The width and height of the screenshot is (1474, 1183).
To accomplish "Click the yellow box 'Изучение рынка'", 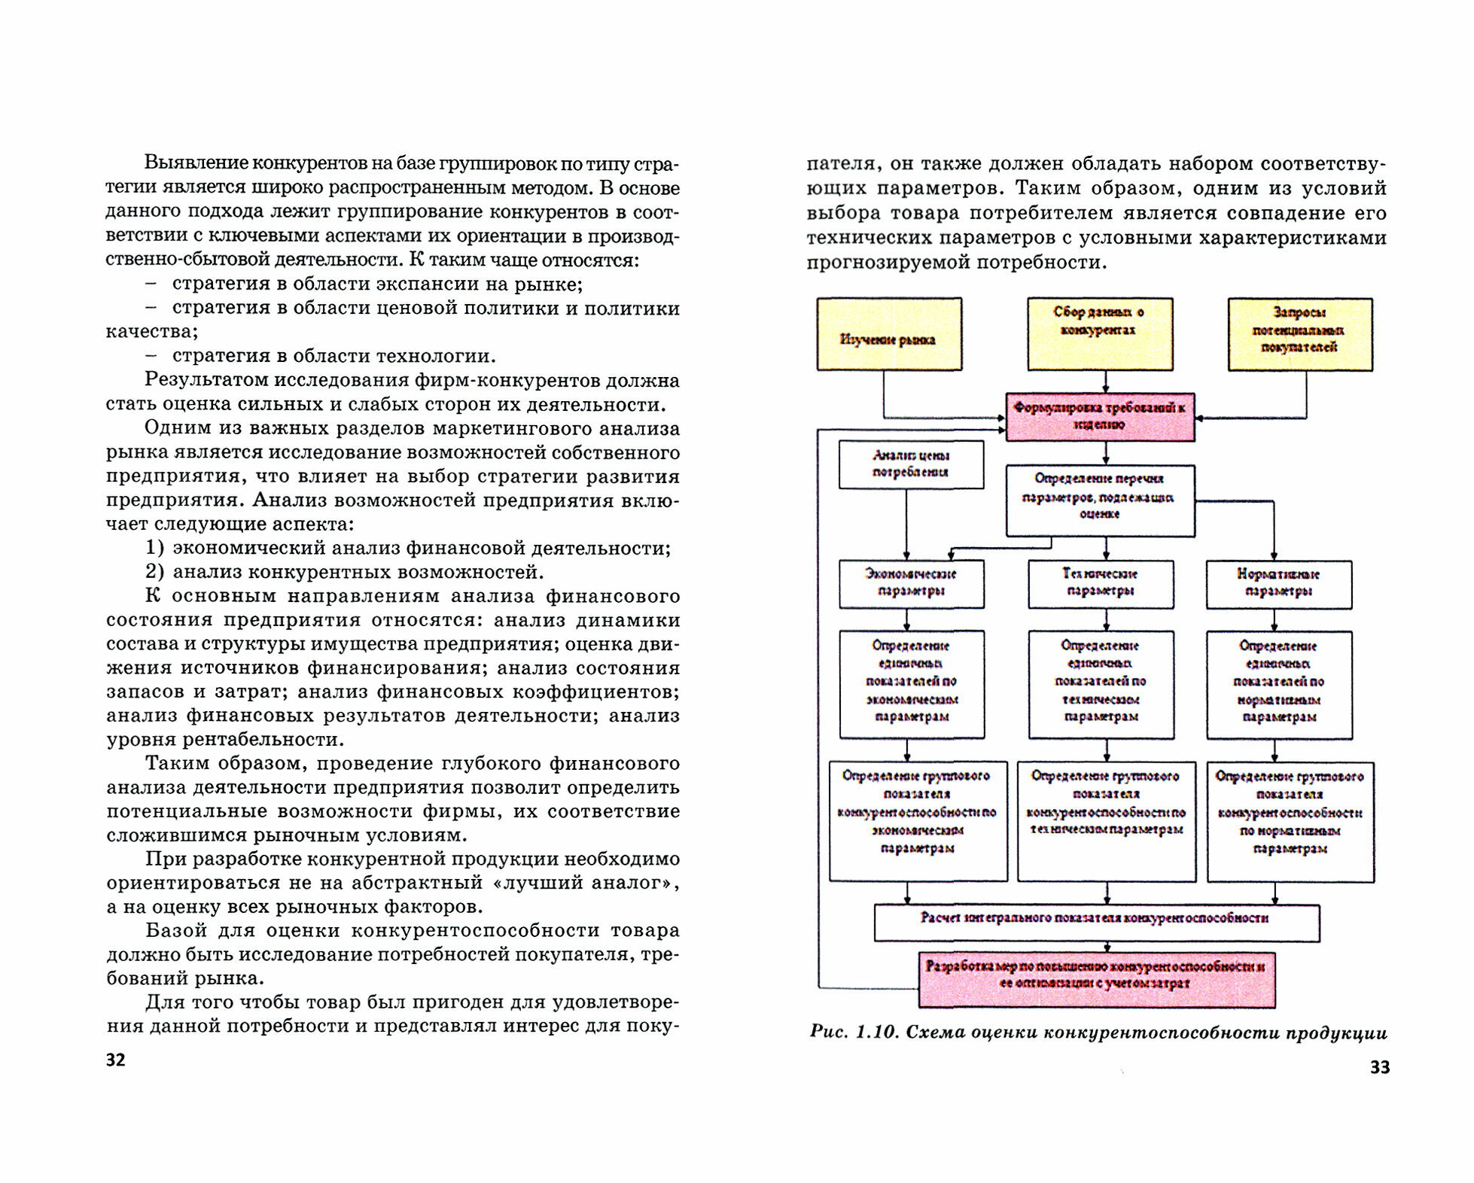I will [x=889, y=334].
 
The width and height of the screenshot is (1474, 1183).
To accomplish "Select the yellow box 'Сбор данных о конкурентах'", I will [x=1100, y=333].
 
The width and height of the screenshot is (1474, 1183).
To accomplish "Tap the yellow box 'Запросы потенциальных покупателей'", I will [x=1299, y=334].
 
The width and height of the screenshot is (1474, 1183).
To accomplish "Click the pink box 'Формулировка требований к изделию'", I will [x=1100, y=416].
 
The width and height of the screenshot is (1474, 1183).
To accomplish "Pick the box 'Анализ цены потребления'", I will [x=911, y=464].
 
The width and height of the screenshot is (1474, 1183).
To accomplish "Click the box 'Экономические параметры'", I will [x=911, y=583].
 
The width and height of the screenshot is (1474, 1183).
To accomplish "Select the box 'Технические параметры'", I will [x=1101, y=583].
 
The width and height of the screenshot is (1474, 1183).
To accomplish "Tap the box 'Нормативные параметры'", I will [x=1278, y=584].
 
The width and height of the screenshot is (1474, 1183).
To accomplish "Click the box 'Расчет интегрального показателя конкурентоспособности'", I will [x=1096, y=922].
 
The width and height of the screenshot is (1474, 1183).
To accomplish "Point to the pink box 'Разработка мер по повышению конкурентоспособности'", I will [x=1096, y=979].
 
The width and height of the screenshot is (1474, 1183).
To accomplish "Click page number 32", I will [x=116, y=1060].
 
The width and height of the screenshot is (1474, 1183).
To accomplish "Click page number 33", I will [x=1379, y=1067].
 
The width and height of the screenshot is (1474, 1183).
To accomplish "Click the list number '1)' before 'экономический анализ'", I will [x=154, y=548].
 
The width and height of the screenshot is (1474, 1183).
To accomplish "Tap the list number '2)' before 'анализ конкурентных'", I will [x=154, y=572].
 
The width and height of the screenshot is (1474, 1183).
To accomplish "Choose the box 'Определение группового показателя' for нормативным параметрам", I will [x=1290, y=820].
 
